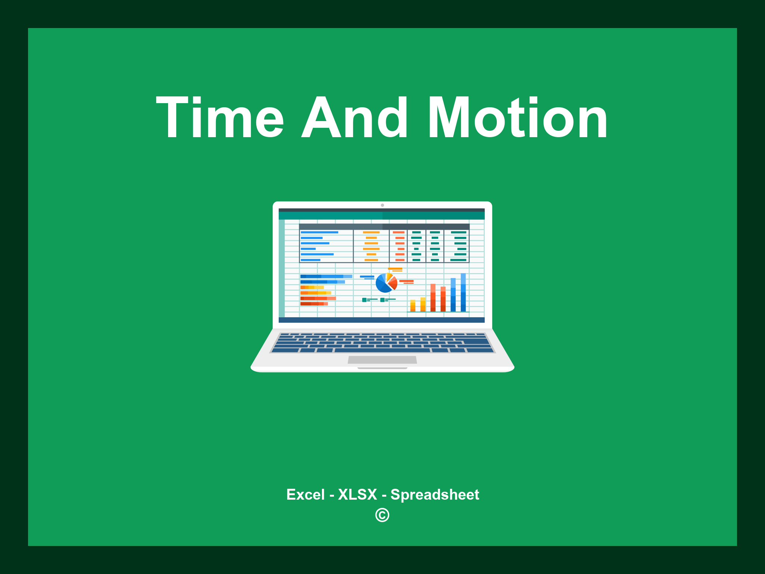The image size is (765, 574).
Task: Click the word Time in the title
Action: pos(220,118)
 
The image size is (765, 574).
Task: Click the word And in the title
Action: pos(355,118)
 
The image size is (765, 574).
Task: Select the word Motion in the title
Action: pos(518,118)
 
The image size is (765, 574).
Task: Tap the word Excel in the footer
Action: pos(305,494)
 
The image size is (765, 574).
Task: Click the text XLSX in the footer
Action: pos(357,494)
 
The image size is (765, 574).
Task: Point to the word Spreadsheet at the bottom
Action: pos(434,494)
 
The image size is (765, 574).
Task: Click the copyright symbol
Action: pos(382,515)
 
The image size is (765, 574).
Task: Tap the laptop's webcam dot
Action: pos(382,205)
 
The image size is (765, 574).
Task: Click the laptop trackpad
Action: pos(382,359)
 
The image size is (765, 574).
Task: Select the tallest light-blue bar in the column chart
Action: pos(463,292)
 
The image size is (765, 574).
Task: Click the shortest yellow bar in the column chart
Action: pos(413,305)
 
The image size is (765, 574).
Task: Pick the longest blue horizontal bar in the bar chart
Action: pos(326,277)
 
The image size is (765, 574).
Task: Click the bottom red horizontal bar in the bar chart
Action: pos(314,304)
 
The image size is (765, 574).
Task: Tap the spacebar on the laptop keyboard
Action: pos(382,350)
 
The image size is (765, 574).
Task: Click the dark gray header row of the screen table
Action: pos(384,226)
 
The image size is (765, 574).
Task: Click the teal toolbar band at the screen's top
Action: pos(381,216)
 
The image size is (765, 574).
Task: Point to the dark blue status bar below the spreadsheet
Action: pos(381,320)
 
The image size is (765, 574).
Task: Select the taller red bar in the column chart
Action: pos(433,297)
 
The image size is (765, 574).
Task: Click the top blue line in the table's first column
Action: pos(319,232)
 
